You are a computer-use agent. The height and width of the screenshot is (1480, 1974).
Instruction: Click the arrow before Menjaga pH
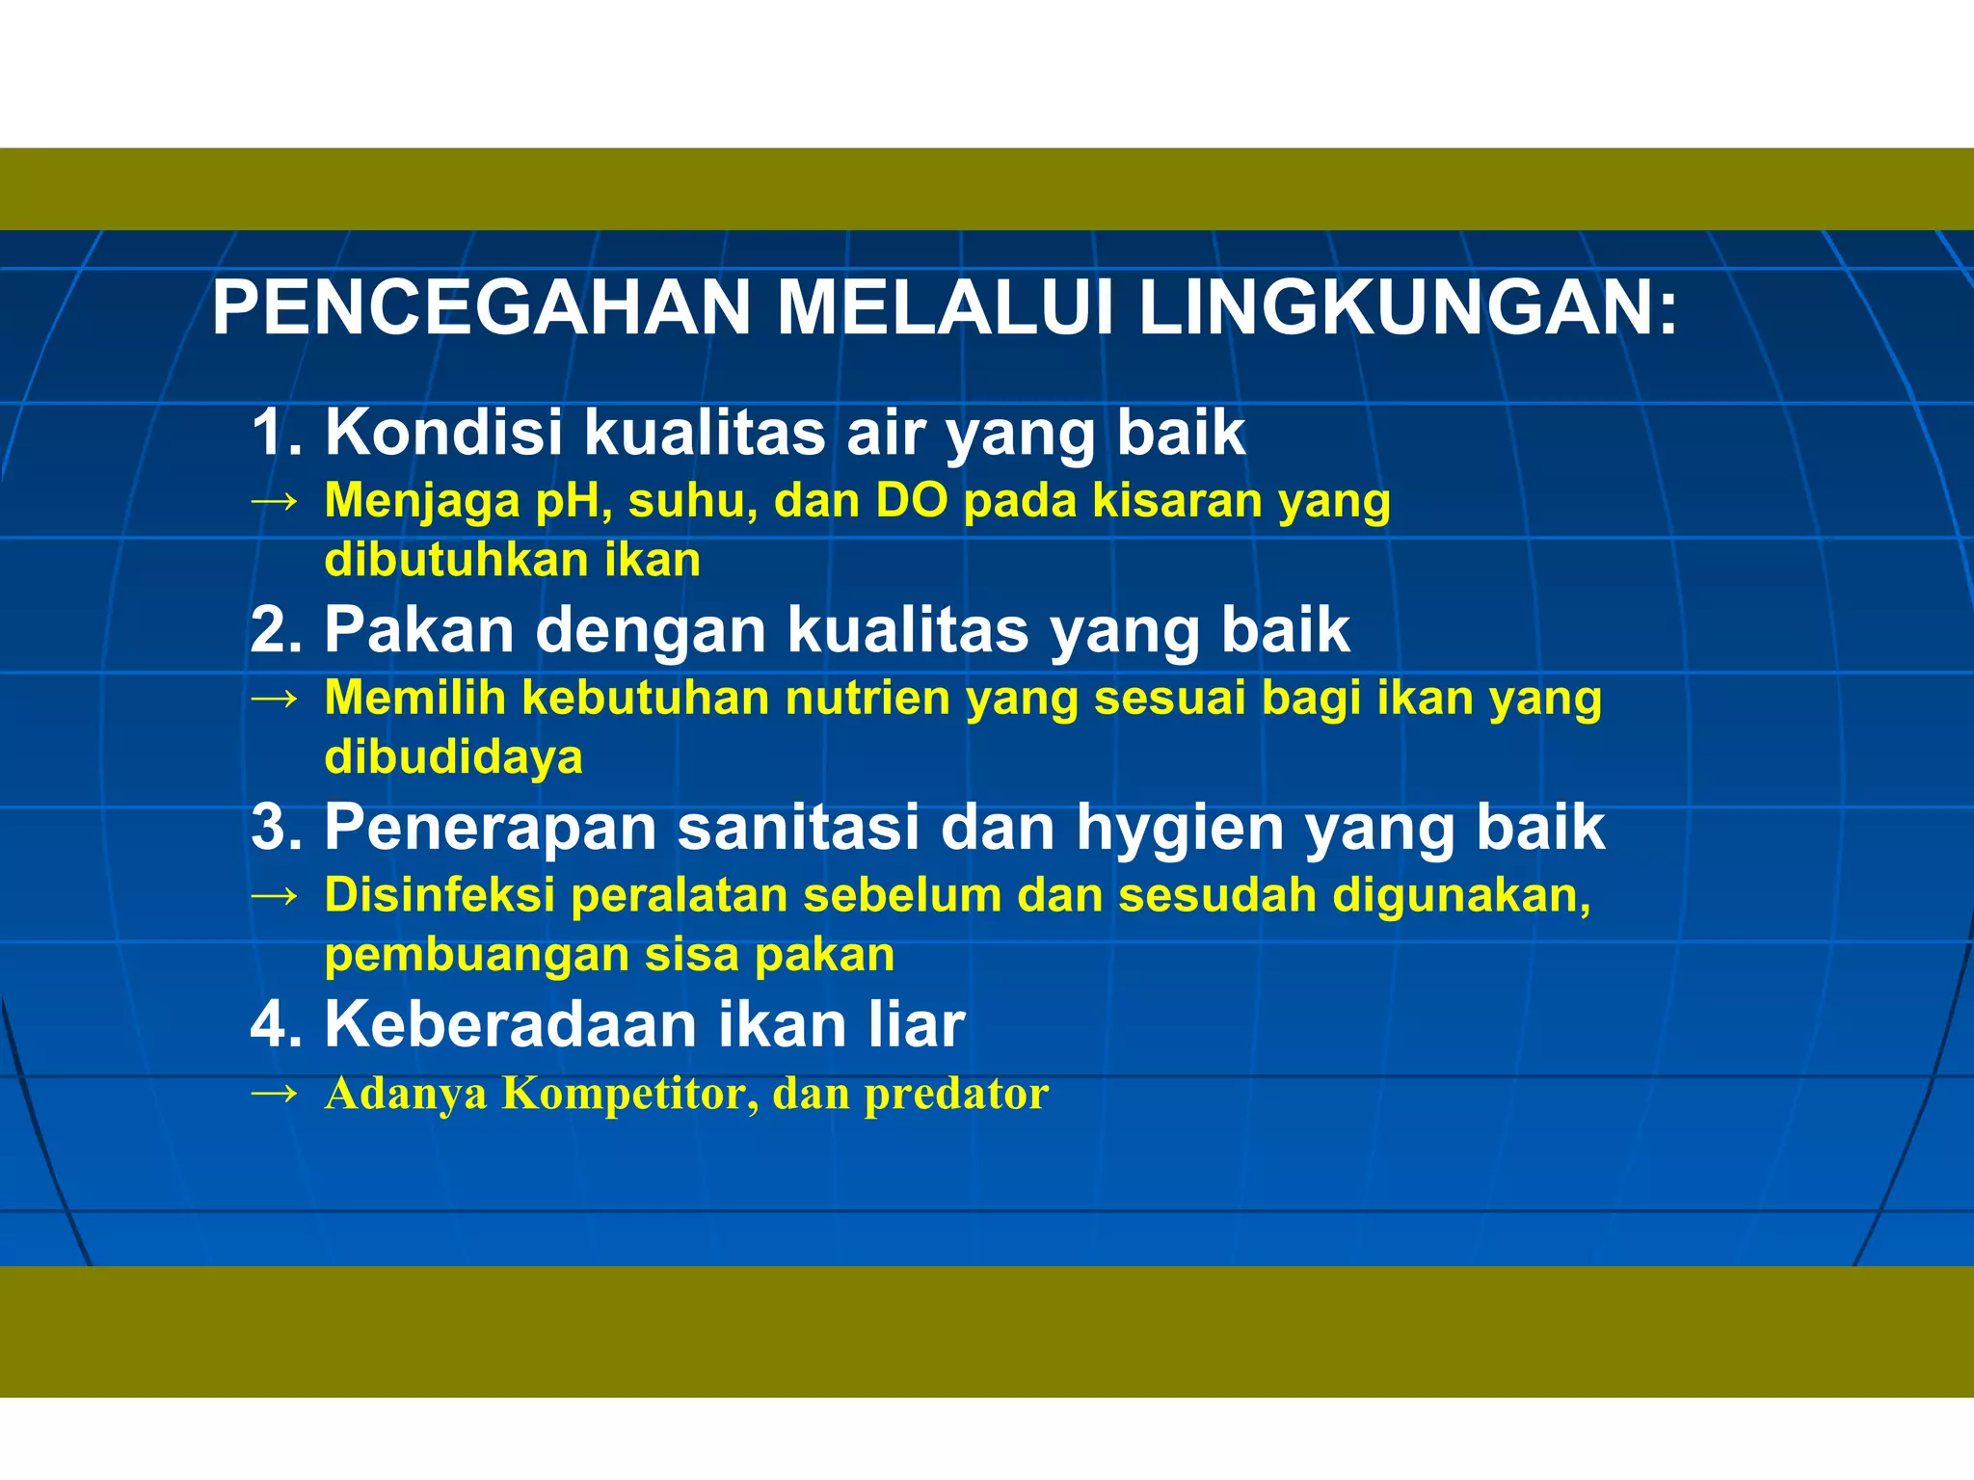274,502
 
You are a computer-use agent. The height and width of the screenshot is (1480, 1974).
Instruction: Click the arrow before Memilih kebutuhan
274,699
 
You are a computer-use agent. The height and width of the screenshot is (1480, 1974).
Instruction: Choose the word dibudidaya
453,757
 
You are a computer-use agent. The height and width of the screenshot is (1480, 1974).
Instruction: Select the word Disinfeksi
440,895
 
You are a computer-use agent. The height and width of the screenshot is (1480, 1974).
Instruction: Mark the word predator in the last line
955,1095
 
